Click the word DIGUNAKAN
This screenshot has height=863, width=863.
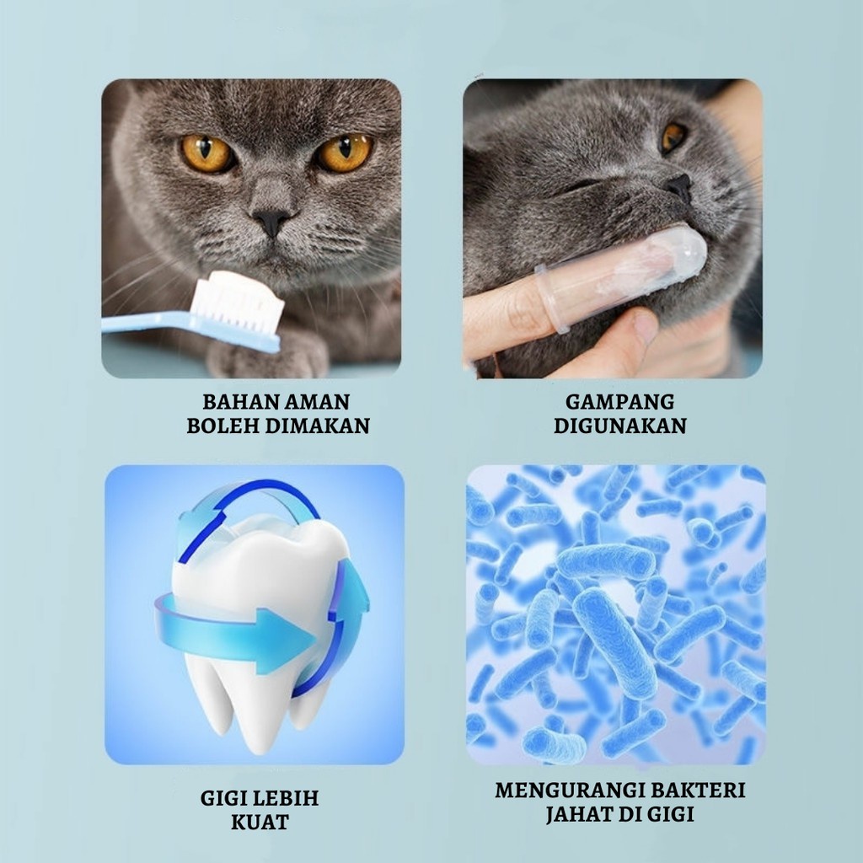[x=620, y=426]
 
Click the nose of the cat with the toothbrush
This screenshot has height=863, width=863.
[x=271, y=222]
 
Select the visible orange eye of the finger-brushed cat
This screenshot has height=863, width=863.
[x=673, y=137]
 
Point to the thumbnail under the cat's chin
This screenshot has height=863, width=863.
[x=644, y=328]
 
